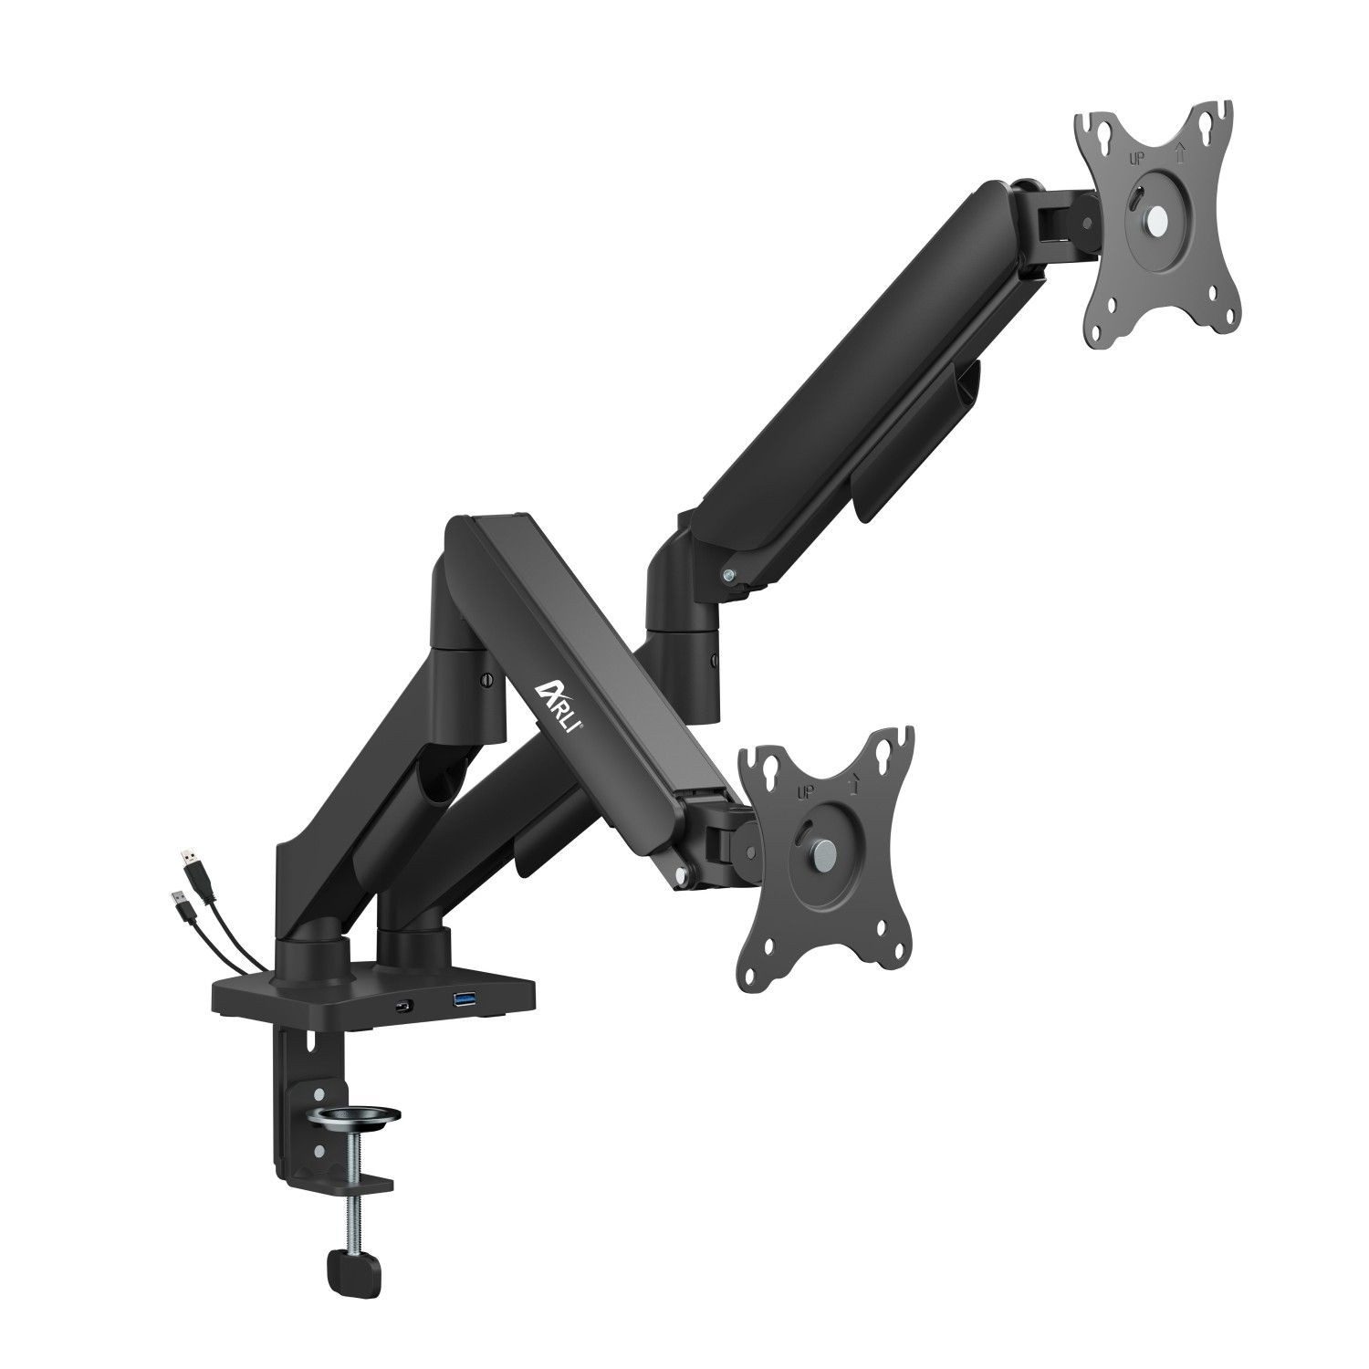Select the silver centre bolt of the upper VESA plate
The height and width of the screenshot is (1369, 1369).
(1157, 219)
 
